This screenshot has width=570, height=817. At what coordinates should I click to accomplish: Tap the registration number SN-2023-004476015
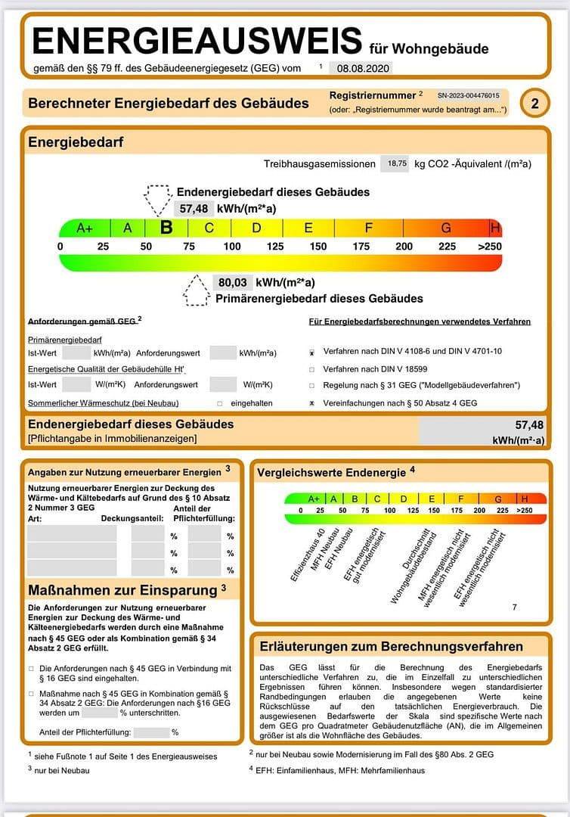[x=468, y=96]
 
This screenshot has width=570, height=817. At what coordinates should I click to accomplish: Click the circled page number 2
[x=534, y=103]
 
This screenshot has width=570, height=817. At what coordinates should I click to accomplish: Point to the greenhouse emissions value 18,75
[x=396, y=163]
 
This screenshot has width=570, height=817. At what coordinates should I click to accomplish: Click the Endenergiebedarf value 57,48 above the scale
[x=194, y=209]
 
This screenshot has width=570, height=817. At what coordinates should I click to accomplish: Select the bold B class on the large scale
[x=166, y=228]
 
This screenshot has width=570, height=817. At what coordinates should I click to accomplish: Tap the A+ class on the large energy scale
[x=85, y=228]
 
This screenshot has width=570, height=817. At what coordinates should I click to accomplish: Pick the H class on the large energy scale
[x=495, y=228]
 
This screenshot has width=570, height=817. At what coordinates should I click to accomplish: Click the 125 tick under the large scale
[x=275, y=247]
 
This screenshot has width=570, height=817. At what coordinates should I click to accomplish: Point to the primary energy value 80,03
[x=233, y=282]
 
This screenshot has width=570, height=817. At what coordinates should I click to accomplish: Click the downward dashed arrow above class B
[x=158, y=200]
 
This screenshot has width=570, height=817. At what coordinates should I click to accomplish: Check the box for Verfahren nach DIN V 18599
[x=311, y=369]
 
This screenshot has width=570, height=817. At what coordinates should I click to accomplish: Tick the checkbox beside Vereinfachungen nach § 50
[x=311, y=403]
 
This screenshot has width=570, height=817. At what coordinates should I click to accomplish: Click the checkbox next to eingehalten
[x=220, y=403]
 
